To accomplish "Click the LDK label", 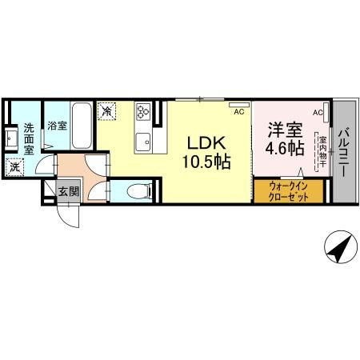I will coord(206,143).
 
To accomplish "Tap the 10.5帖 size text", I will coord(206,162).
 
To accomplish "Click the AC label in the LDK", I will coord(238,112).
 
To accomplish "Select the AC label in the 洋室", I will coord(318,112).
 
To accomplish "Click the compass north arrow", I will coord(340,249).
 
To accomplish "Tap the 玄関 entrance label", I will coord(68,191).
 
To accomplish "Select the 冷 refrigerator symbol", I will coord(107,113).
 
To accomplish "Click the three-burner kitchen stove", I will coord(143,111).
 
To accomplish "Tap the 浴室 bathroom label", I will coord(56,126).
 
